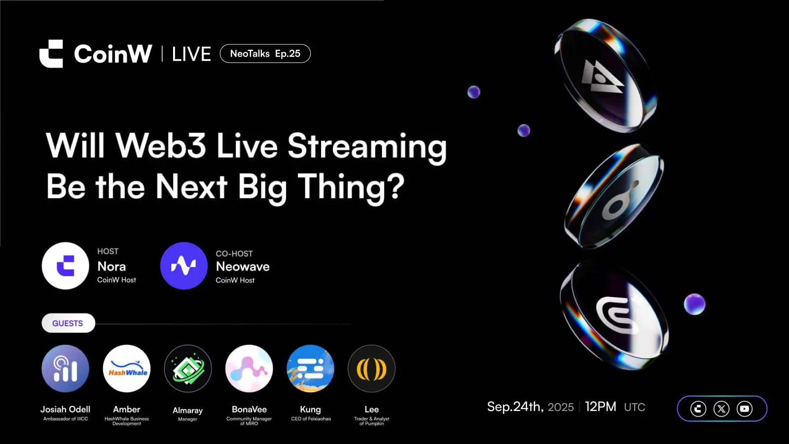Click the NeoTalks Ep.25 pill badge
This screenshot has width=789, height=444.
coord(265,54)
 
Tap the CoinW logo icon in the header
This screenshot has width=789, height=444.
coord(51,54)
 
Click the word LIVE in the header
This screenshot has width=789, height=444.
coord(192,54)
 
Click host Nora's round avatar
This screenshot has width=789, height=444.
coord(66,266)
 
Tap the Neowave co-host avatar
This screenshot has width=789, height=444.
coord(184,266)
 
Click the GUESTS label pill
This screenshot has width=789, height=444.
coord(69,323)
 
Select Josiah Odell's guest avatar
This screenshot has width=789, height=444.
coord(66,369)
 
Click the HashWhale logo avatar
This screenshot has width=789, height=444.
coord(127,369)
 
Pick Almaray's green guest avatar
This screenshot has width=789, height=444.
coord(188,369)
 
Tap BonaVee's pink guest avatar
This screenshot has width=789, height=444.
coord(249,369)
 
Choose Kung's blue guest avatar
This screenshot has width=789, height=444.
coord(310,369)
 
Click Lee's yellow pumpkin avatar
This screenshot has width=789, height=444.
coord(372,369)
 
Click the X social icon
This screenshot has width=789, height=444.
coord(721,409)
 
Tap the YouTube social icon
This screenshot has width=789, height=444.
coord(745,409)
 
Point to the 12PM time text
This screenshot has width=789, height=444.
coord(601,407)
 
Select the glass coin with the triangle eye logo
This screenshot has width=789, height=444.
coord(605,76)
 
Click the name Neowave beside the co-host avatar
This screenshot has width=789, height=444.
coord(243,266)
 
